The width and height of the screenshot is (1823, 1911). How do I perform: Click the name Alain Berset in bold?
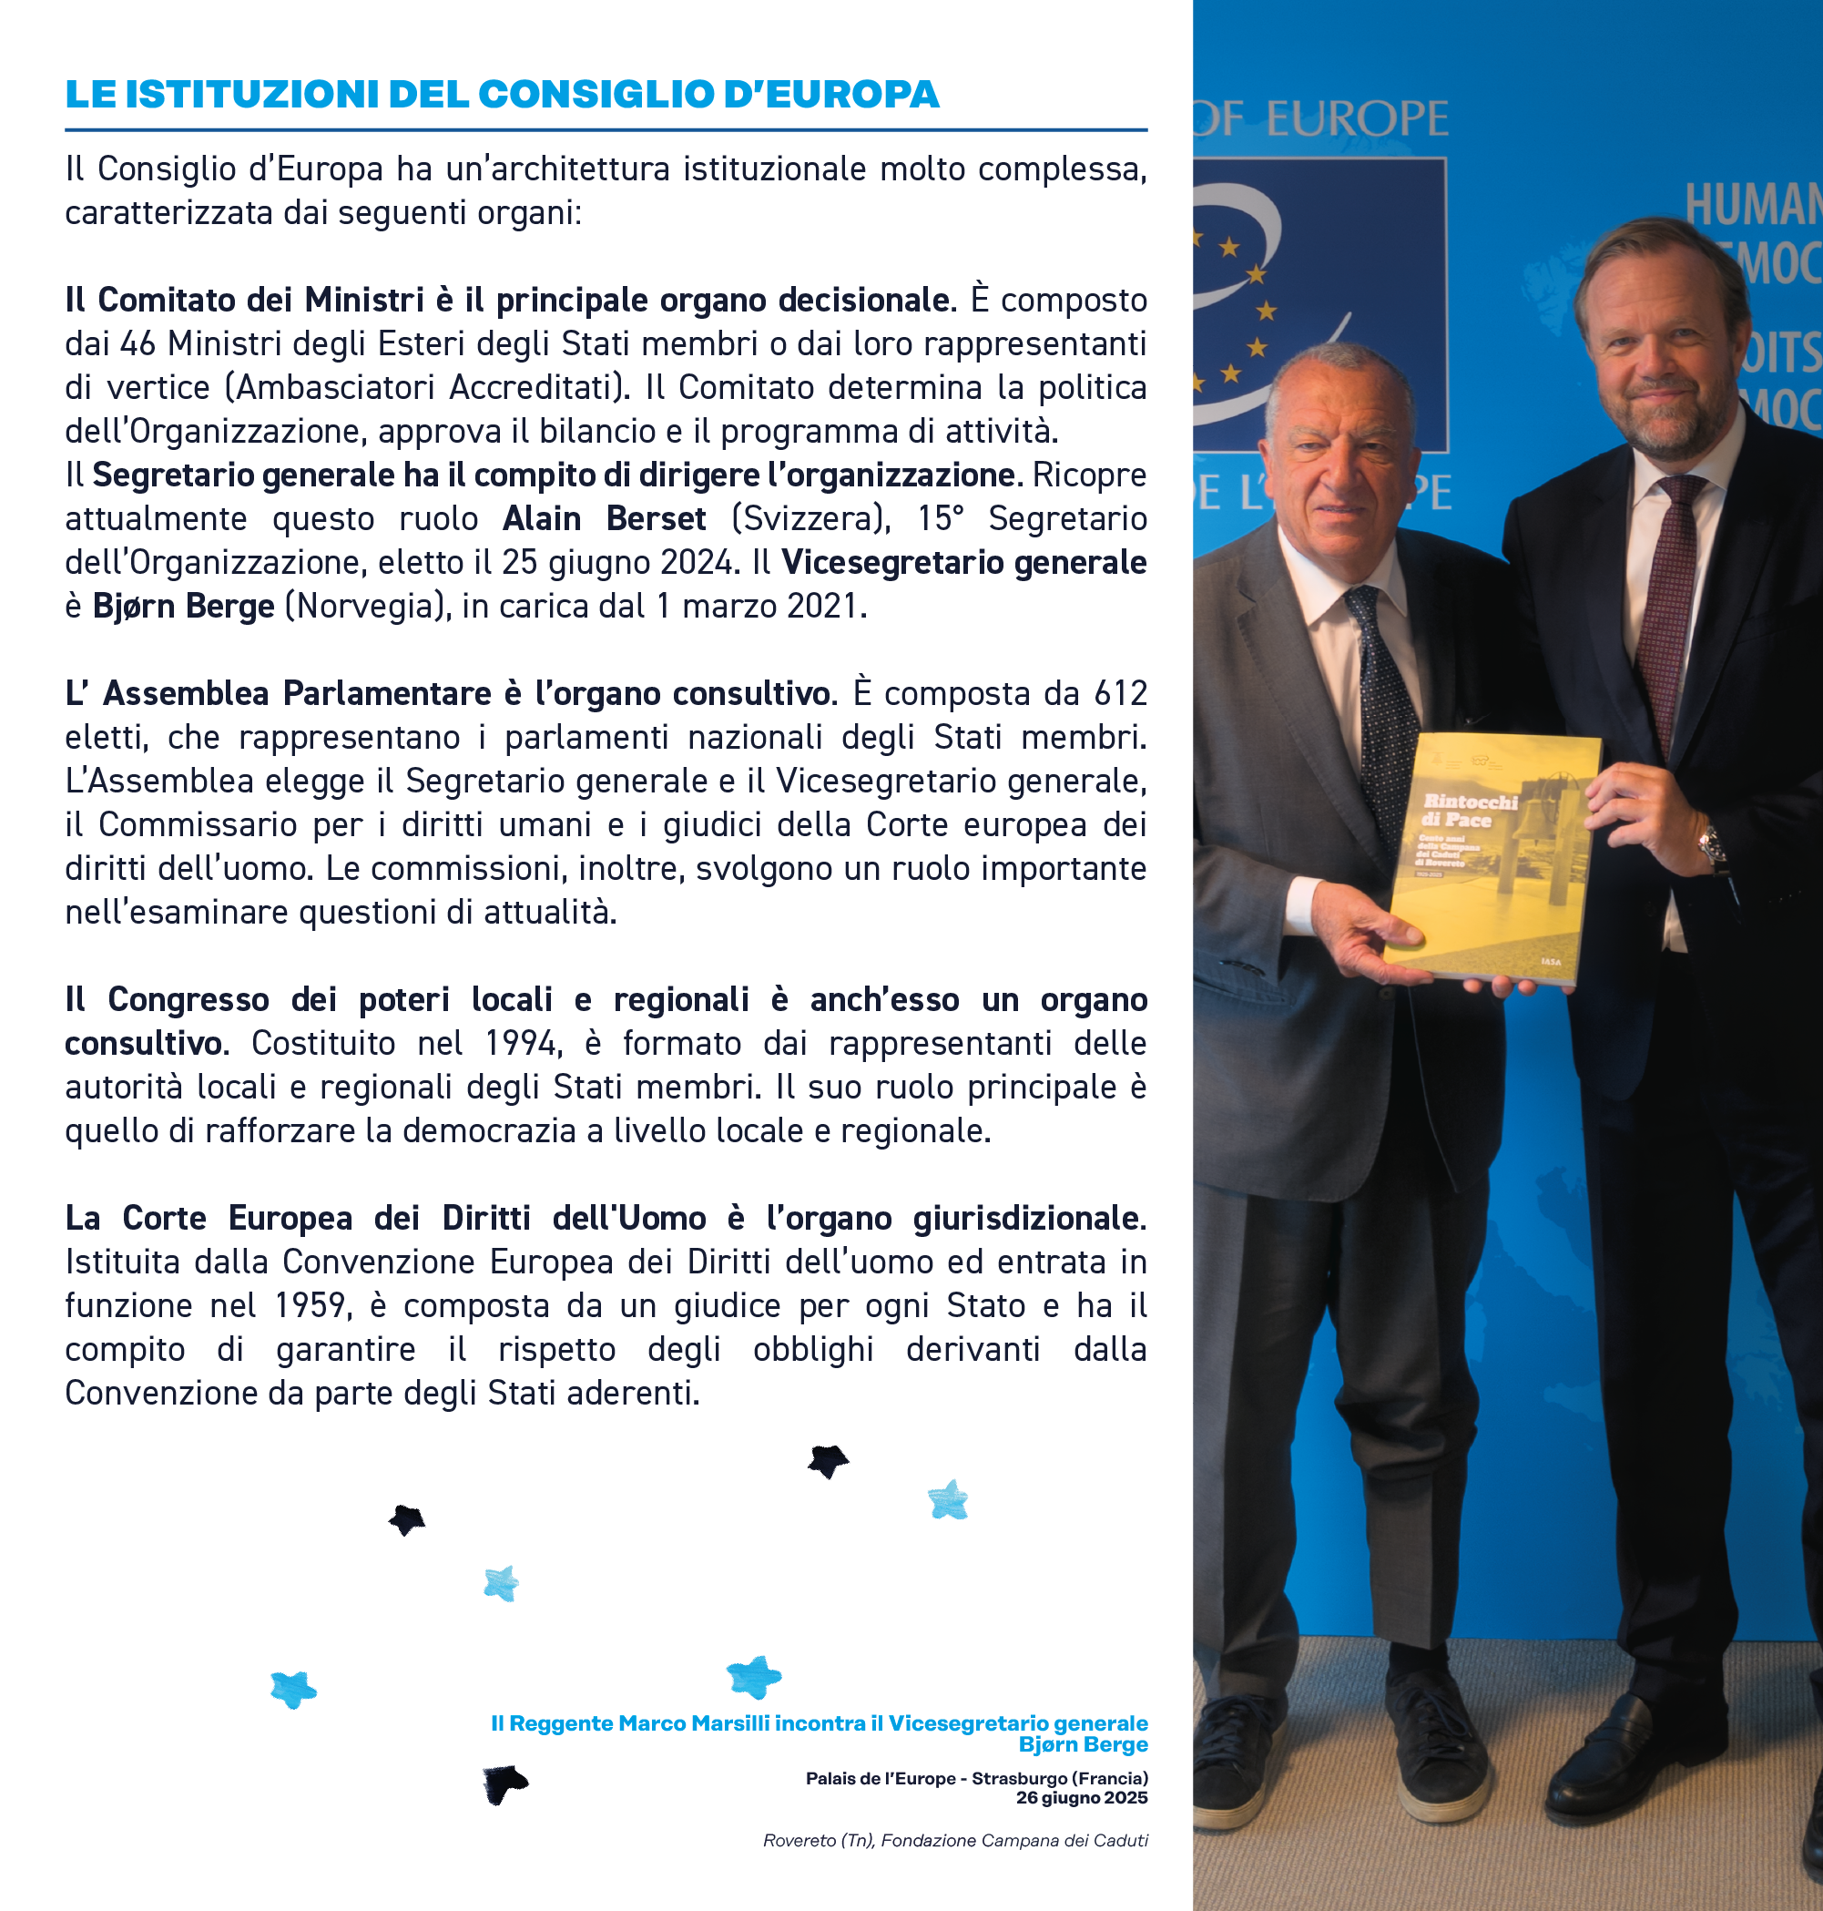pos(604,518)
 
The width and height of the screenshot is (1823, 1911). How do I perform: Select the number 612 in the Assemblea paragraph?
pos(1119,693)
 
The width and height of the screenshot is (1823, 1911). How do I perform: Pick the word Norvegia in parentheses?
pos(367,606)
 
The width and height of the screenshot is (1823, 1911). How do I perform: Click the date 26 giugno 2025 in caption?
pos(1082,1797)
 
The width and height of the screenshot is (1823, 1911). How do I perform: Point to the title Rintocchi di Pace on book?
pos(1470,811)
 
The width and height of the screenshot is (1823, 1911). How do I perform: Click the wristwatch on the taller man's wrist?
pos(1712,846)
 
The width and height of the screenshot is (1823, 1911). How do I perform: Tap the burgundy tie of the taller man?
pos(1668,603)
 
